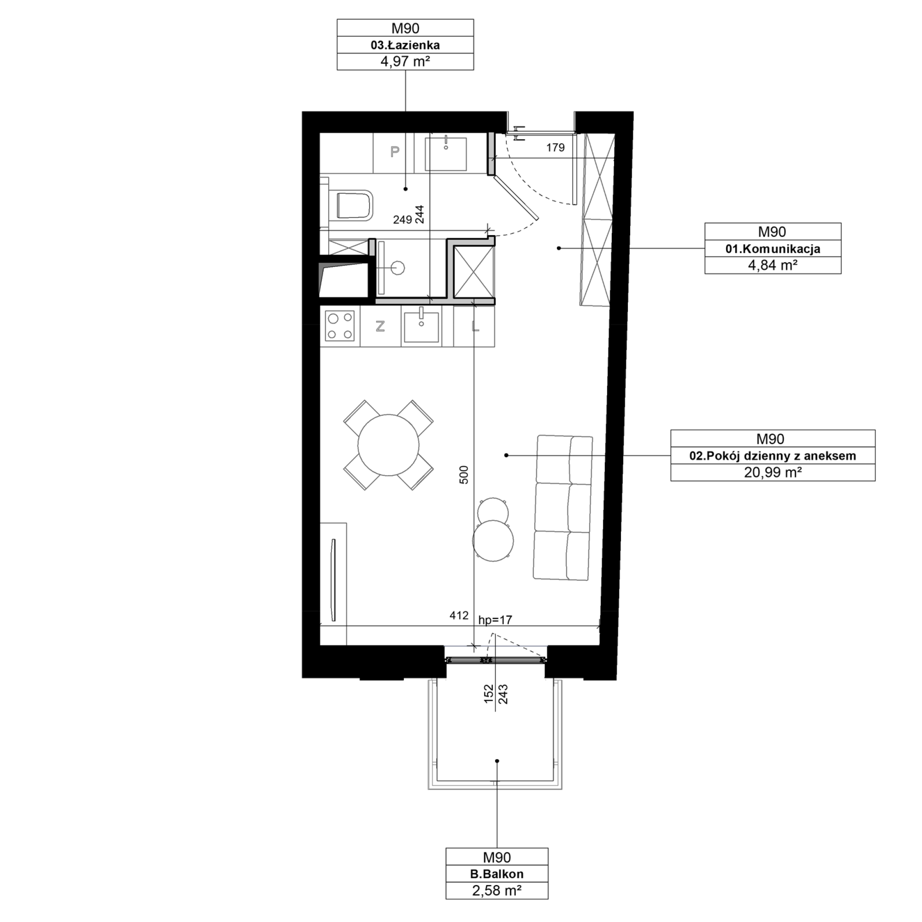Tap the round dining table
(x=389, y=445)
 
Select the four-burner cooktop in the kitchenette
(x=339, y=326)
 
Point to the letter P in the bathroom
(x=395, y=152)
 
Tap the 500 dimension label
(x=464, y=475)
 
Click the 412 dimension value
(x=459, y=615)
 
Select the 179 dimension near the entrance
(x=555, y=148)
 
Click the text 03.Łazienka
(x=405, y=45)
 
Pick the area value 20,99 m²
(x=773, y=472)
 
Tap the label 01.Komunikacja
(x=773, y=248)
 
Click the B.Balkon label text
(x=497, y=874)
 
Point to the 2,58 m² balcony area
(x=497, y=891)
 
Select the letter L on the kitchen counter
(x=475, y=326)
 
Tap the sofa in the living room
(x=564, y=508)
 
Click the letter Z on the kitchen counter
(x=380, y=326)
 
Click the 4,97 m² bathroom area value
(x=405, y=62)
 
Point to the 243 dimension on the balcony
(x=502, y=694)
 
